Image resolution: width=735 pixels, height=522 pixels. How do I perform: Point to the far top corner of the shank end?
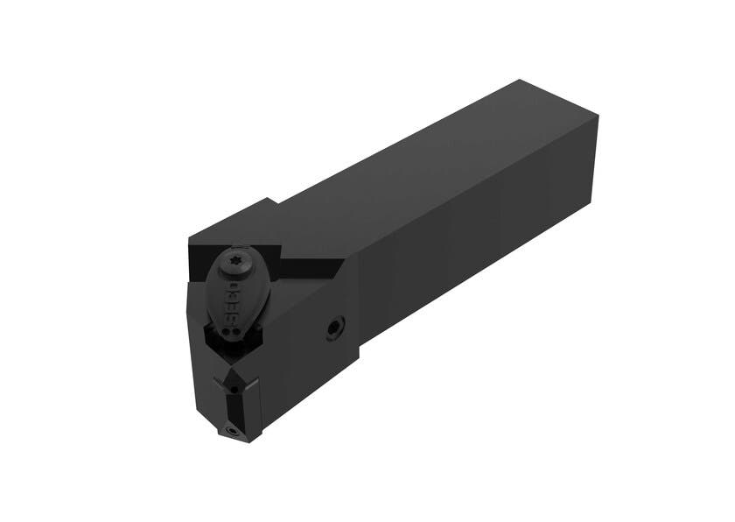[521, 81]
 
